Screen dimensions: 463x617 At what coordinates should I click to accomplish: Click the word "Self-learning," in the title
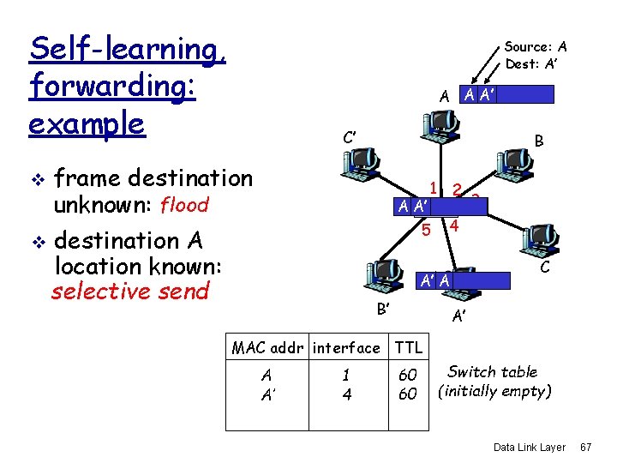click(128, 49)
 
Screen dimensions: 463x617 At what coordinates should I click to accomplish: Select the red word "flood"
click(184, 206)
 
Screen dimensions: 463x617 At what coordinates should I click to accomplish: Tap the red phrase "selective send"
click(130, 292)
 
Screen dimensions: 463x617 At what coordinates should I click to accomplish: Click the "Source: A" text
click(536, 47)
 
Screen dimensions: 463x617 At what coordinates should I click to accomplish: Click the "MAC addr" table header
click(269, 347)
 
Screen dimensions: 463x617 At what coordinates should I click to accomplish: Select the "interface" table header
click(346, 347)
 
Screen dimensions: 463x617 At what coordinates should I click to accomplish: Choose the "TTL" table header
click(409, 347)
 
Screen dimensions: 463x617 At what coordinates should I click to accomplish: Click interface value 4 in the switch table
click(346, 394)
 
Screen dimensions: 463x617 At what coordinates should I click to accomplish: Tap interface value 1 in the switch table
click(346, 375)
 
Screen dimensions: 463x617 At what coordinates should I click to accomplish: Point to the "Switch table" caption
click(493, 372)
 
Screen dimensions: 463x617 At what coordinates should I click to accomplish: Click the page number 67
click(586, 448)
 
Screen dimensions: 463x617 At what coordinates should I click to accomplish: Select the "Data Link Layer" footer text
click(530, 448)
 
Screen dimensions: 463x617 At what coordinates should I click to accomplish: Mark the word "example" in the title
click(87, 123)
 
